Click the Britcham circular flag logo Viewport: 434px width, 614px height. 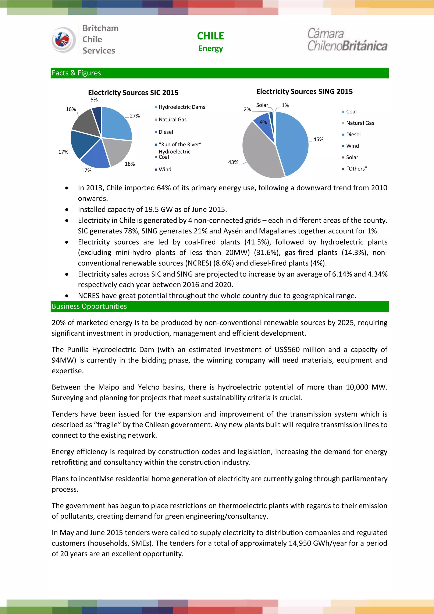point(63,40)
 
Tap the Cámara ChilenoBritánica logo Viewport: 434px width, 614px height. point(347,40)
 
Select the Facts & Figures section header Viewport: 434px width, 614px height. point(77,73)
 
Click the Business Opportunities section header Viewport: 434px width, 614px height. point(89,306)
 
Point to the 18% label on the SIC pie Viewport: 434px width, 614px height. point(130,164)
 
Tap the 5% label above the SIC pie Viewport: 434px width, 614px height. point(94,100)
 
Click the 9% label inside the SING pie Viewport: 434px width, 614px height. point(263,123)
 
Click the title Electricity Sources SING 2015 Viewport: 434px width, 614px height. point(304,91)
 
